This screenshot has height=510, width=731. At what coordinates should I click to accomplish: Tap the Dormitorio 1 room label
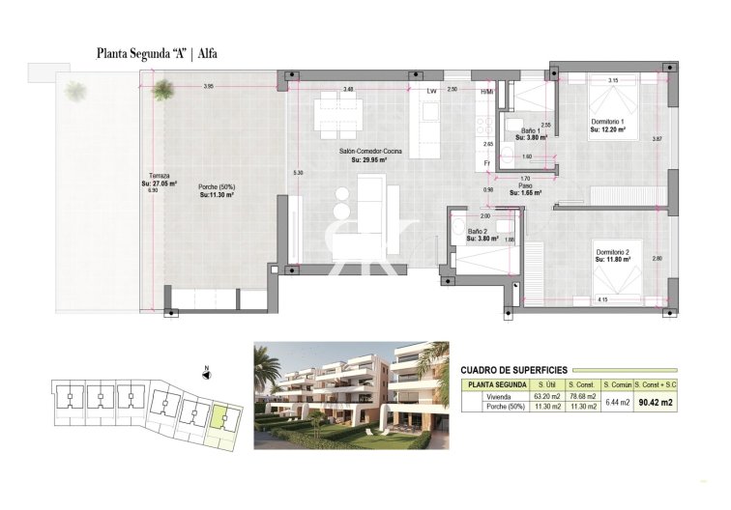point(609,123)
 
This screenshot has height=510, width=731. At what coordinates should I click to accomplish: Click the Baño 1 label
point(531,130)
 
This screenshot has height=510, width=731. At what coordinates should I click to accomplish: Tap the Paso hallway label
point(525,184)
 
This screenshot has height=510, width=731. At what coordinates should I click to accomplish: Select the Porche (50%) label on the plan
point(217,187)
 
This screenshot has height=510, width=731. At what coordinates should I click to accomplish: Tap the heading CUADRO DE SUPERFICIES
point(513,369)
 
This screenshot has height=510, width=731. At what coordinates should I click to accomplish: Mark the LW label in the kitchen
point(431,91)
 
